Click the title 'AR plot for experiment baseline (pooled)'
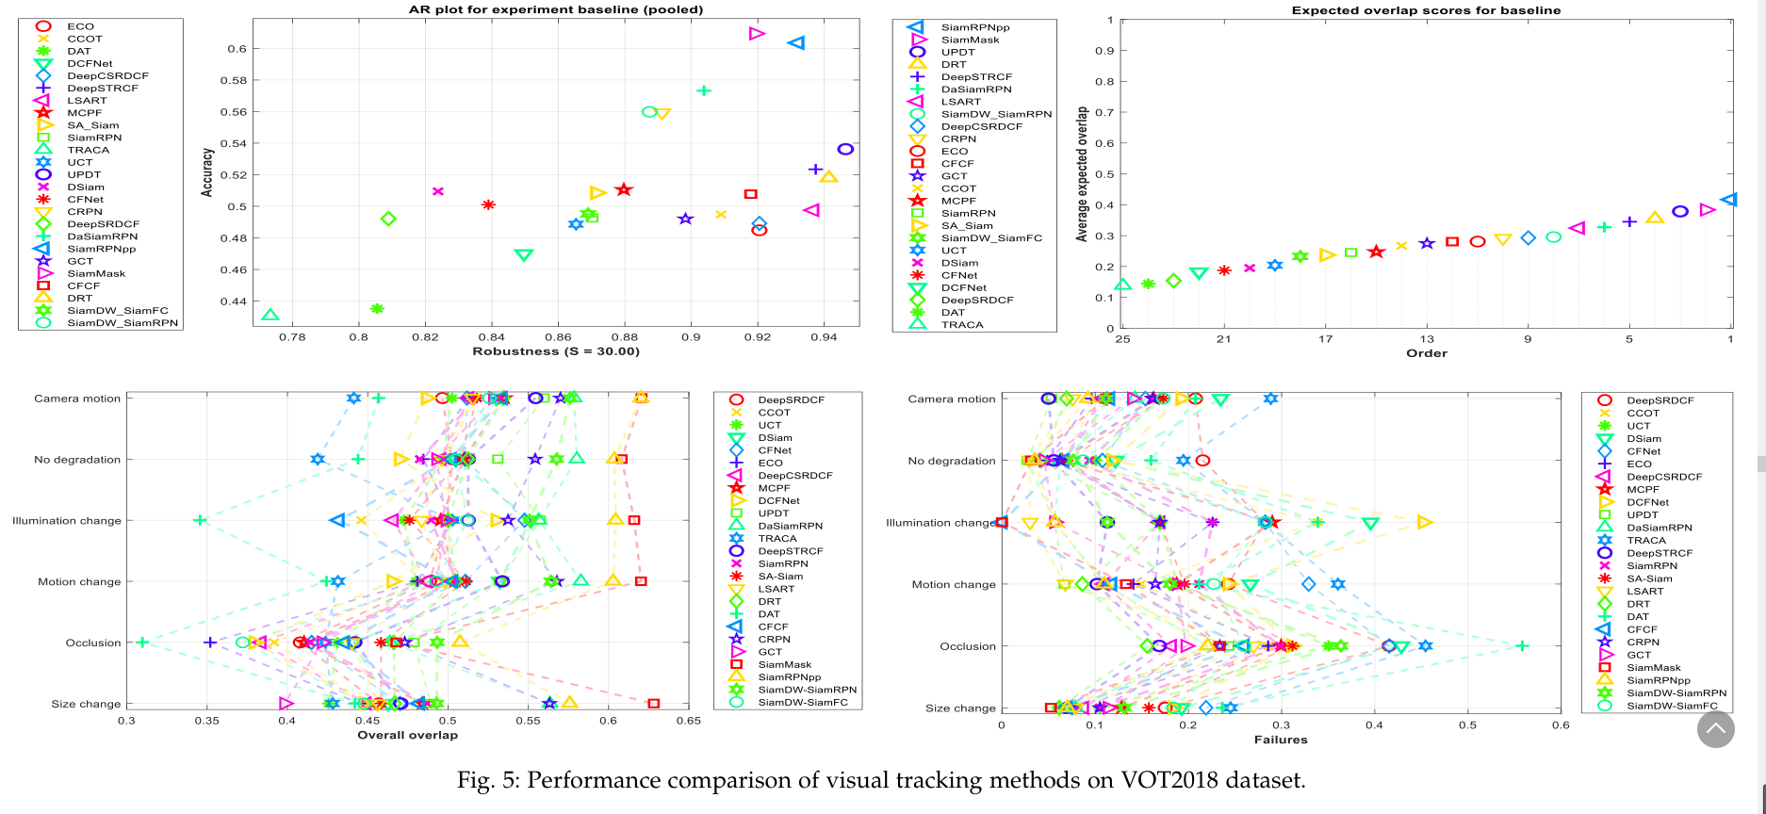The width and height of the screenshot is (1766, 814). (555, 9)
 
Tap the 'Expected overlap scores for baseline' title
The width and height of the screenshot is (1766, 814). (1426, 10)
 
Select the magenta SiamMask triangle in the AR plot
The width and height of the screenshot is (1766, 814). (757, 34)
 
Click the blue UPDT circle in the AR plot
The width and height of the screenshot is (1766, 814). (845, 149)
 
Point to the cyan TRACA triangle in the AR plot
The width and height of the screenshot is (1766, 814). (270, 316)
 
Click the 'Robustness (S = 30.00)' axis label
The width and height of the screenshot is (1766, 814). (555, 351)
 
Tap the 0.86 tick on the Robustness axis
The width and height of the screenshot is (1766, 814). (558, 336)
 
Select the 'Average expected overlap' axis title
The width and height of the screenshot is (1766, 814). (1083, 174)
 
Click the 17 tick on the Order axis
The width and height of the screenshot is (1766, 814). (1325, 339)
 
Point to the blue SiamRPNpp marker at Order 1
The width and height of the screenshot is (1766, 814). (1728, 200)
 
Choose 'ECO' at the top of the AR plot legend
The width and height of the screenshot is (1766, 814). (80, 26)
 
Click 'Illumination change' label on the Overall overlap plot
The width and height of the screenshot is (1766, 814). (67, 521)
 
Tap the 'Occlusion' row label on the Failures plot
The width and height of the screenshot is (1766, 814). (967, 646)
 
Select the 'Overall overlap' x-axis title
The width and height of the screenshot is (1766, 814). (407, 735)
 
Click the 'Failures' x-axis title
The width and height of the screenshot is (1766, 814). (1280, 740)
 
